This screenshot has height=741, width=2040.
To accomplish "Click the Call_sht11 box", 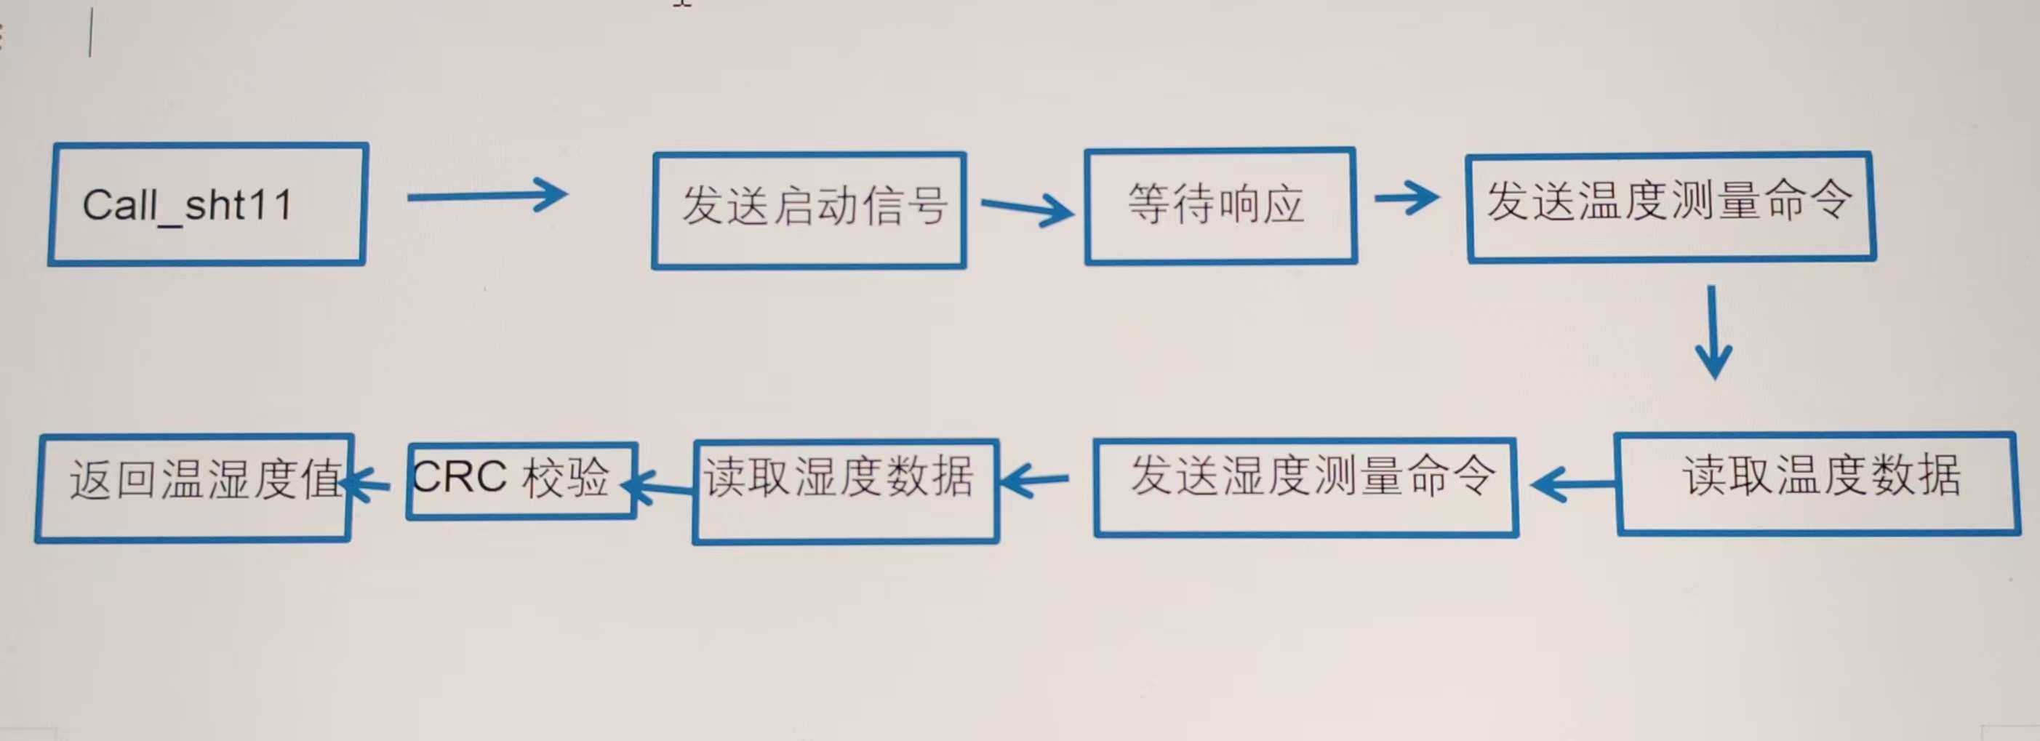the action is point(207,204).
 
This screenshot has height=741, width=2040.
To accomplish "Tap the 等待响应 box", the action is point(1220,206).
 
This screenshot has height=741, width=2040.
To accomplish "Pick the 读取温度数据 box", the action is point(1817,483).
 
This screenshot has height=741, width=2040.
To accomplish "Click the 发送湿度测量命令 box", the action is point(1306,487).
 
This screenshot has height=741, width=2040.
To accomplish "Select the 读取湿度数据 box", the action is point(845,491).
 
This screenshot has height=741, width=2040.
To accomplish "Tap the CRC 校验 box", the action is point(522,481).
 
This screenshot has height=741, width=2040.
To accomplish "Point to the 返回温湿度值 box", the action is point(194,488).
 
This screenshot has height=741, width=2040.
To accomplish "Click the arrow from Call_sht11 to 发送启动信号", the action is point(487,196).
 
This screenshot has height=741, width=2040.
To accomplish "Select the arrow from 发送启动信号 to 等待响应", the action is point(1026,208).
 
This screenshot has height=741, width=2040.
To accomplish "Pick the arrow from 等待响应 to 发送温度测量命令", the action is point(1407,197).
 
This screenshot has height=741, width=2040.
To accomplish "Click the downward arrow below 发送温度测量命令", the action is point(1713,332).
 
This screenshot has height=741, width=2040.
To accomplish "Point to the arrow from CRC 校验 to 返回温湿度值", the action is point(367,482).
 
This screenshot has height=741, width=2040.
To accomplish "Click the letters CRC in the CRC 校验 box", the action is point(460,477).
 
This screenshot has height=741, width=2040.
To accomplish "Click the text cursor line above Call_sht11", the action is point(91,33).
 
